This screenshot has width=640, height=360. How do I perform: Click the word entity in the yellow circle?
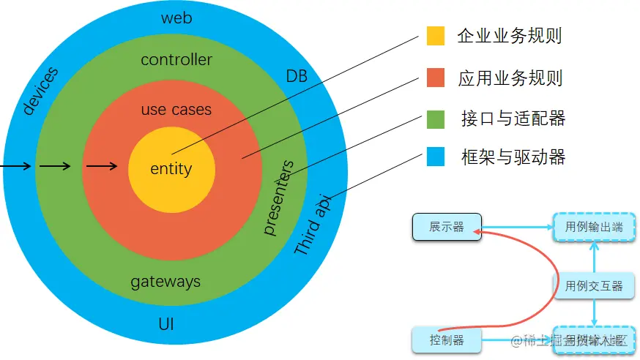(171, 169)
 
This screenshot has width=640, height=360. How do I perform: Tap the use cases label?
(176, 110)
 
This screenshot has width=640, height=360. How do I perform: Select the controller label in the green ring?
(176, 60)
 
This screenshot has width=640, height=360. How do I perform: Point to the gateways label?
(165, 282)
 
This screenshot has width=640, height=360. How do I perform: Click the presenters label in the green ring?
(278, 198)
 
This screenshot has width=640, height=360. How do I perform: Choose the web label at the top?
(176, 18)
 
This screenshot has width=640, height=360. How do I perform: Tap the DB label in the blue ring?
(297, 75)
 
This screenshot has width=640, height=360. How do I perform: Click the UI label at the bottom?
(166, 323)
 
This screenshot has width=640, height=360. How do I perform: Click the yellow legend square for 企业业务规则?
(436, 37)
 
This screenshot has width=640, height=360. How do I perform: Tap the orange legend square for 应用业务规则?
(436, 78)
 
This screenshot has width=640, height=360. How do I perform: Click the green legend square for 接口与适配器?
(436, 119)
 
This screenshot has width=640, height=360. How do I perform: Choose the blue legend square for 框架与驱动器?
(436, 157)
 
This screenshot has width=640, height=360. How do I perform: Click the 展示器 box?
(447, 228)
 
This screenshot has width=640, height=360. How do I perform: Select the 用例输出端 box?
(594, 228)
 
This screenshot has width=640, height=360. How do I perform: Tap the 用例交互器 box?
(594, 286)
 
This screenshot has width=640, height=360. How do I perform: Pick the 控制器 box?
(447, 340)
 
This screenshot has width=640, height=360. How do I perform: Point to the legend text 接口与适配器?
(513, 119)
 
